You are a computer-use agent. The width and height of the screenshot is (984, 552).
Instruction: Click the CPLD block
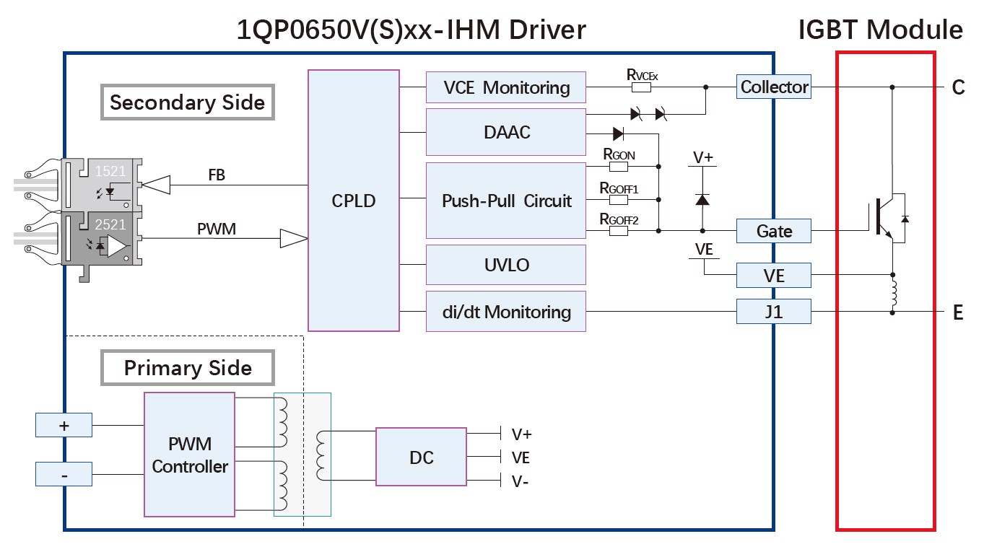pyautogui.click(x=354, y=201)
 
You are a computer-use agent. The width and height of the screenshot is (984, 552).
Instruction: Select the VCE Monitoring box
pyautogui.click(x=505, y=88)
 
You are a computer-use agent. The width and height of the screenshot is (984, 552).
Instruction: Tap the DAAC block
pyautogui.click(x=505, y=132)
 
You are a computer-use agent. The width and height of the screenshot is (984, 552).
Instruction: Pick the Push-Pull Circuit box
pyautogui.click(x=505, y=201)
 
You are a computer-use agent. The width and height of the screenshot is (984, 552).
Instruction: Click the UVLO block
pyautogui.click(x=505, y=265)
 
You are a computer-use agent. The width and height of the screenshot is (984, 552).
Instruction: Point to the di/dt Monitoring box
pyautogui.click(x=505, y=312)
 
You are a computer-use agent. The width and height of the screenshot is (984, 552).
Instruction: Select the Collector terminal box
pyautogui.click(x=774, y=87)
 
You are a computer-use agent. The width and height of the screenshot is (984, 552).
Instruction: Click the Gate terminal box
pyautogui.click(x=774, y=231)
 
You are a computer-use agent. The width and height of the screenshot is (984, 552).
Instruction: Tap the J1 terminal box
pyautogui.click(x=774, y=312)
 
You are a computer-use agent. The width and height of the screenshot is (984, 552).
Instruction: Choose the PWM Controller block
pyautogui.click(x=190, y=455)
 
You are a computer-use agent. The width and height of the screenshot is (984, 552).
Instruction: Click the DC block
pyautogui.click(x=421, y=457)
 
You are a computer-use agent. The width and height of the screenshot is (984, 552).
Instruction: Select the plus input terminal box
pyautogui.click(x=64, y=426)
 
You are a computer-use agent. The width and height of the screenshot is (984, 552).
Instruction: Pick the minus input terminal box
pyautogui.click(x=64, y=475)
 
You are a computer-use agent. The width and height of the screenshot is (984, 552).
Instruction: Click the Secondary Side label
pyautogui.click(x=187, y=102)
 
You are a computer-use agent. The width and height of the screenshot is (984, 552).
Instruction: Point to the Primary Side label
pyautogui.click(x=188, y=368)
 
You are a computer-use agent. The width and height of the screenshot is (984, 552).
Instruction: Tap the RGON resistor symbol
pyautogui.click(x=619, y=167)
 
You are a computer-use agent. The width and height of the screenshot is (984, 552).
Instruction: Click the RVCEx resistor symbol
pyautogui.click(x=641, y=87)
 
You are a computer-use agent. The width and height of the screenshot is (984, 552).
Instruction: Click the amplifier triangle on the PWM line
pyautogui.click(x=292, y=238)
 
